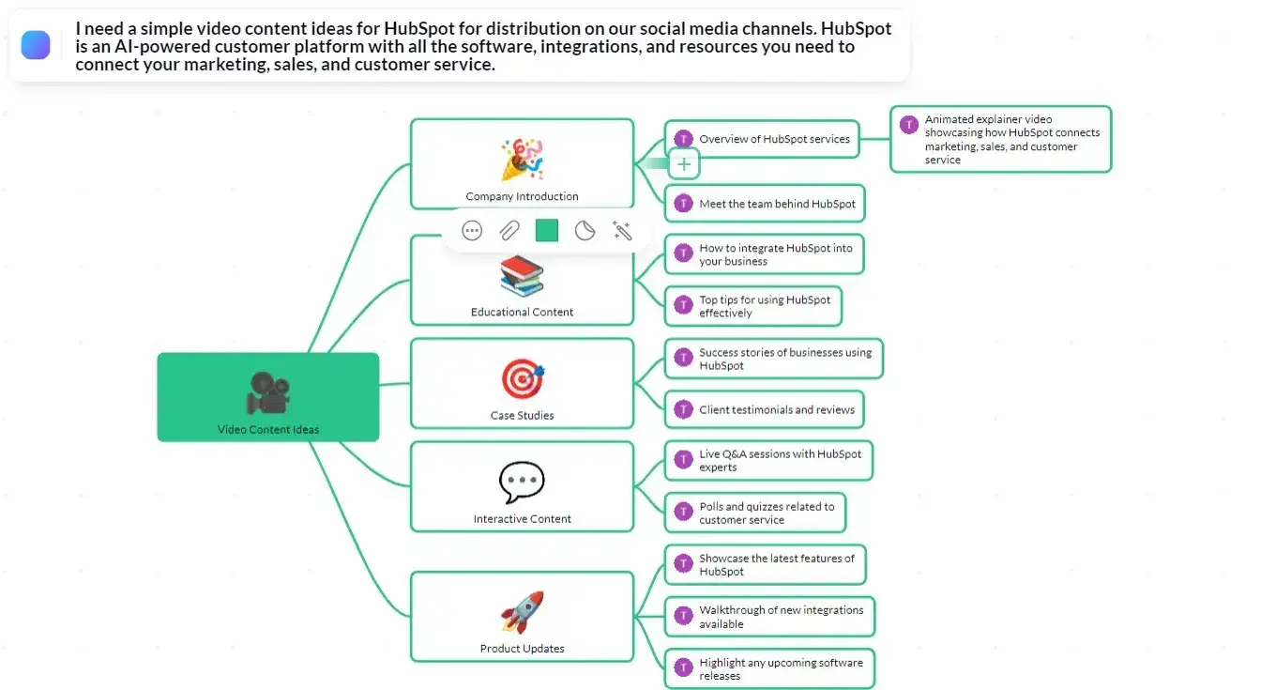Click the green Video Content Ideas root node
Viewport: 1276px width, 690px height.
[x=267, y=397]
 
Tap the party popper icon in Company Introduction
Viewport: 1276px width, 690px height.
[x=522, y=160]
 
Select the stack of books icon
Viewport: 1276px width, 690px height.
[x=522, y=276]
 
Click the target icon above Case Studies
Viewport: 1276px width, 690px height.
[x=522, y=379]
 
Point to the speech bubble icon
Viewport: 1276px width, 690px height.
[x=522, y=483]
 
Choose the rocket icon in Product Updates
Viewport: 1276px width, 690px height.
[x=522, y=612]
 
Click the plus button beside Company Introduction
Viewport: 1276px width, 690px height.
[x=684, y=164]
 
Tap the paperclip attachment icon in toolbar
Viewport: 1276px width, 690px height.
[x=509, y=230]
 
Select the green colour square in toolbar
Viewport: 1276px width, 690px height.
[x=546, y=230]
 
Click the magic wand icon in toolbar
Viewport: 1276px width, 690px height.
[x=621, y=230]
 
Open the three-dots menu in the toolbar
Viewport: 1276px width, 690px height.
[x=472, y=230]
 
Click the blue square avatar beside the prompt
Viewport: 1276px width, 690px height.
[x=36, y=44]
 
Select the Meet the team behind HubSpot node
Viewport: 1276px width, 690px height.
[x=765, y=204]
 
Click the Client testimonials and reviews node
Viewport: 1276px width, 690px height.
[x=765, y=410]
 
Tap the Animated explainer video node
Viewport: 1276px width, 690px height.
[x=1000, y=139]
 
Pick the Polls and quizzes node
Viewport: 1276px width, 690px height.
[x=755, y=513]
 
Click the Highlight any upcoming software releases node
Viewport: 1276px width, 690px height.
[x=769, y=669]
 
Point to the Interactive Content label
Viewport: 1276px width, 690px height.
[x=522, y=519]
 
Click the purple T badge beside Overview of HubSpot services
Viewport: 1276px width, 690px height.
[x=683, y=139]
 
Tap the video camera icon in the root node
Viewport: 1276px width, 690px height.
[x=267, y=392]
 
